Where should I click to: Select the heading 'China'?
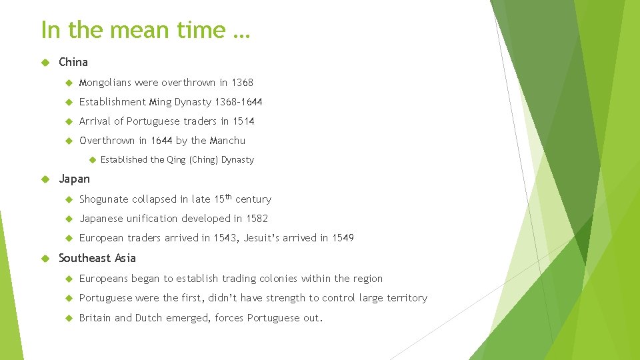pyautogui.click(x=73, y=62)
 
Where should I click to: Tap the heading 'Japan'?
pyautogui.click(x=74, y=179)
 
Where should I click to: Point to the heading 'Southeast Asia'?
pyautogui.click(x=97, y=258)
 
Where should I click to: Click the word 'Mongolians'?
pyautogui.click(x=105, y=83)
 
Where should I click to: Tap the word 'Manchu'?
pyautogui.click(x=227, y=141)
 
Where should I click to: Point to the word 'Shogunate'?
pyautogui.click(x=104, y=199)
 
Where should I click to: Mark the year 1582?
pyautogui.click(x=257, y=219)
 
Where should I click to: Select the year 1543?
pyautogui.click(x=226, y=238)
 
